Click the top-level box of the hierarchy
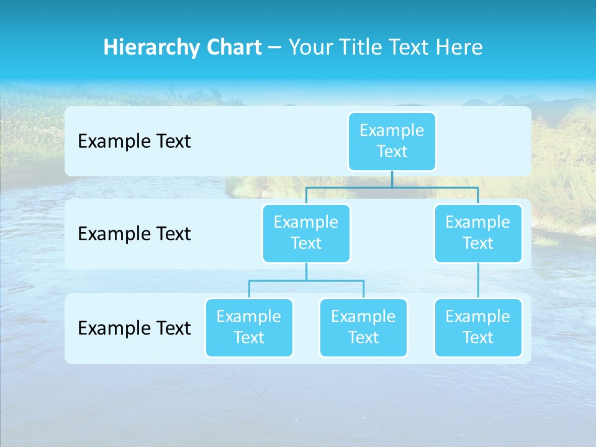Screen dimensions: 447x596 tap(392, 141)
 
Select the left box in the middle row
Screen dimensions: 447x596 tap(306, 233)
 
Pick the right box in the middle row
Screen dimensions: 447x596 tap(478, 233)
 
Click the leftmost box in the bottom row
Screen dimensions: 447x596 tap(249, 327)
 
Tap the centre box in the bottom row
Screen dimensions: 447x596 tap(363, 327)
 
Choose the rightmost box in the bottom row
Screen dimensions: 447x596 tap(478, 327)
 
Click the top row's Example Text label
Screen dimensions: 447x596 tap(134, 142)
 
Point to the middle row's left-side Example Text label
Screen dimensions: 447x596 tap(134, 234)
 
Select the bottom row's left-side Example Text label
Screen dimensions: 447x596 tap(134, 328)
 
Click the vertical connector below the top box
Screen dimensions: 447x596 tap(392, 179)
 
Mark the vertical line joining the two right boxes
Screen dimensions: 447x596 tap(478, 281)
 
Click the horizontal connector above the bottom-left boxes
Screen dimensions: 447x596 tap(306, 281)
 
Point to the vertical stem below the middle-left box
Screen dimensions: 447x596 tap(306, 271)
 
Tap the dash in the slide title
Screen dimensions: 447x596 tap(275, 48)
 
